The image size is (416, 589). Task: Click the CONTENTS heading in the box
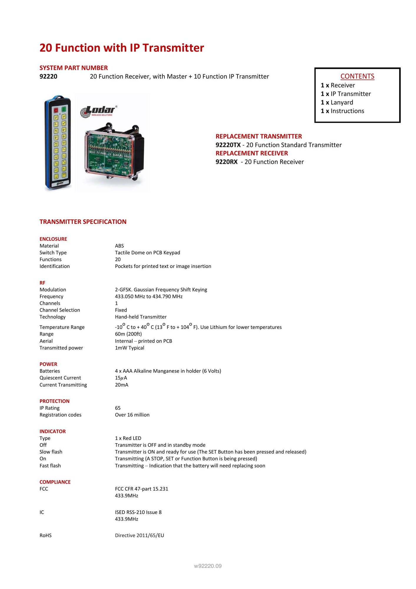tap(357, 76)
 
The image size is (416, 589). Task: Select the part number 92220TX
tap(228, 145)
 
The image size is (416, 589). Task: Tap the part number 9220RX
tap(226, 162)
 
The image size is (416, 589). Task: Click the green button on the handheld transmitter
tap(64, 110)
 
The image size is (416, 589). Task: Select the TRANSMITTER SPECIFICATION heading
tap(83, 222)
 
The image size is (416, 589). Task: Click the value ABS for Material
tap(119, 246)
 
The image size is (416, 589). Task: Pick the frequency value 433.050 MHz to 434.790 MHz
tap(149, 297)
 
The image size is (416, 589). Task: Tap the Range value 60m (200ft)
tap(128, 334)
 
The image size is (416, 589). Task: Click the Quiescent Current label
tap(60, 378)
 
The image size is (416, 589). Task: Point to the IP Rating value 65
tap(118, 408)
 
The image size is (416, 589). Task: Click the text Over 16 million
tap(132, 415)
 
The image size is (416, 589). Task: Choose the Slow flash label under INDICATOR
tap(51, 452)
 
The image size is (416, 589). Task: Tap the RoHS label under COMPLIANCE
tap(46, 535)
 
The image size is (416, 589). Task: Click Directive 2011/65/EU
tap(139, 535)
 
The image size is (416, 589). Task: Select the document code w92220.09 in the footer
tap(208, 566)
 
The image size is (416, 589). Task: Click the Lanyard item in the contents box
tap(342, 102)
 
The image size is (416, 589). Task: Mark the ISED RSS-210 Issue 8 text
tap(138, 512)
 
